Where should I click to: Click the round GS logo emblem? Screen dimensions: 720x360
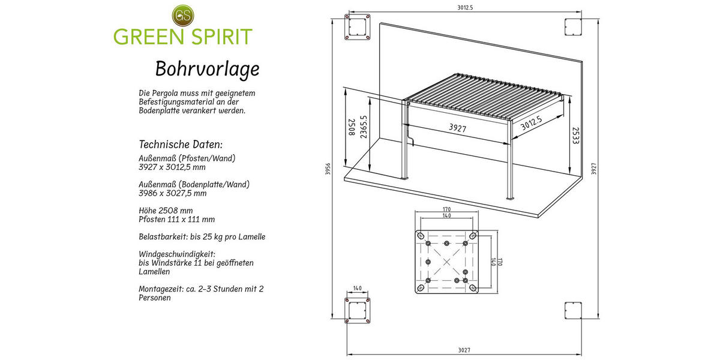[183, 15]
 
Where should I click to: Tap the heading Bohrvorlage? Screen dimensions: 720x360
[208, 69]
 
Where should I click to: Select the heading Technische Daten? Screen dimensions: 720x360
[181, 145]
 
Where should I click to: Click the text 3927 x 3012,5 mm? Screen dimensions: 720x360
[172, 167]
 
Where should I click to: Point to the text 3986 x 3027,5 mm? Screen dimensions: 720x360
[173, 193]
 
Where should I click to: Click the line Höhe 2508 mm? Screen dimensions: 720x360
[166, 211]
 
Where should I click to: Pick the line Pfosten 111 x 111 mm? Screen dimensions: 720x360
[176, 219]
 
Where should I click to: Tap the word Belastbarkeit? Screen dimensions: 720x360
[163, 237]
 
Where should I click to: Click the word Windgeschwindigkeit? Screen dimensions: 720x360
[177, 254]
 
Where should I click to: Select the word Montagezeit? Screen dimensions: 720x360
[161, 289]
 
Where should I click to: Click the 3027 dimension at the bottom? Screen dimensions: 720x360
[464, 350]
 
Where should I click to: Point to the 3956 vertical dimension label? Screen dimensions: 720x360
[328, 169]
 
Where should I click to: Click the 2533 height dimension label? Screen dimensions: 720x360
[575, 136]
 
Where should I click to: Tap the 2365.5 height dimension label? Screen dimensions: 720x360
[364, 127]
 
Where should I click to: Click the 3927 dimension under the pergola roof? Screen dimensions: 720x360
[457, 128]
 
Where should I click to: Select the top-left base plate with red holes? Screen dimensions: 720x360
[358, 26]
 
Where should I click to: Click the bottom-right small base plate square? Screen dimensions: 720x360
[573, 311]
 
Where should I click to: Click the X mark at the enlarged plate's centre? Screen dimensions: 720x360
[447, 262]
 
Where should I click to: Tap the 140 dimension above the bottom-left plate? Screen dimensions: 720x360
[358, 289]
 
